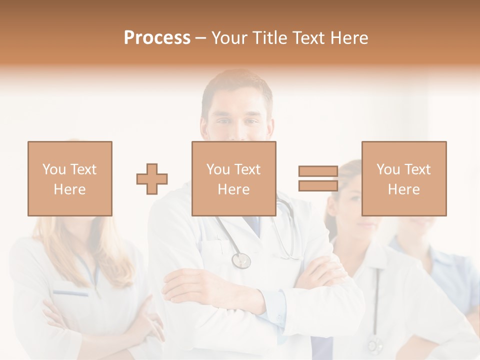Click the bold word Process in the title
(x=157, y=38)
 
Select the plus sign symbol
(x=152, y=178)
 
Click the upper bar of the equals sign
(x=318, y=171)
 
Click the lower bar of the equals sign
(x=318, y=185)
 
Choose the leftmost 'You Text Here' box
(x=70, y=178)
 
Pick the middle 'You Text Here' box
(x=234, y=178)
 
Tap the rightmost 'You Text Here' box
(x=404, y=178)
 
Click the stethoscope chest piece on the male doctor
(x=241, y=260)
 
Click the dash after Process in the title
(x=200, y=38)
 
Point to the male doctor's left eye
(x=252, y=122)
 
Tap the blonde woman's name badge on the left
(x=70, y=293)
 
